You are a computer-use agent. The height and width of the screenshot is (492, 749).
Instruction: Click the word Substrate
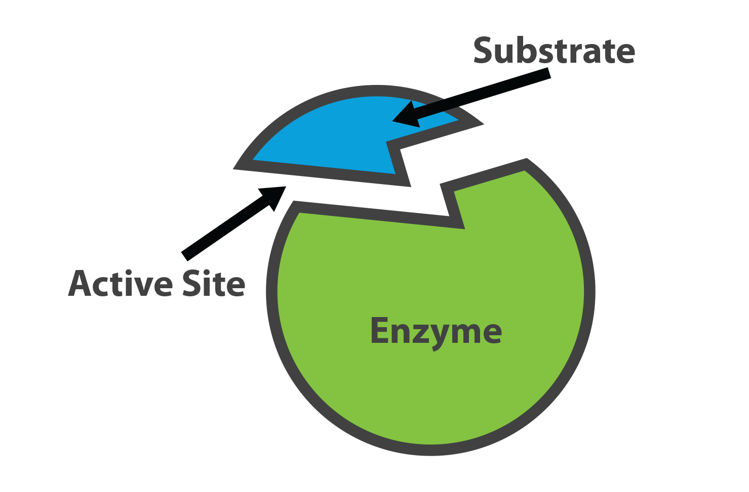click(x=554, y=50)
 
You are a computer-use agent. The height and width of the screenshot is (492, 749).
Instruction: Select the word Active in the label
click(x=121, y=283)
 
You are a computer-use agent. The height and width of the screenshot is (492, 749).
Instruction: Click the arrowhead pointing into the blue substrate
click(x=405, y=115)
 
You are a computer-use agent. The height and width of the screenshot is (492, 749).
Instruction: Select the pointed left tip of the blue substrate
click(x=234, y=168)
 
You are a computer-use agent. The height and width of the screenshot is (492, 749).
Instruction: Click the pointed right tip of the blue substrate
click(x=483, y=124)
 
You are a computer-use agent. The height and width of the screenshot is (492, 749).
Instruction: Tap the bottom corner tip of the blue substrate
click(x=410, y=186)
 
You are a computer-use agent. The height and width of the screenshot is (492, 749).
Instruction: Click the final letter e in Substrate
click(x=624, y=54)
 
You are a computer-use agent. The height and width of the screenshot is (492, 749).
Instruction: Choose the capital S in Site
click(x=191, y=283)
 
